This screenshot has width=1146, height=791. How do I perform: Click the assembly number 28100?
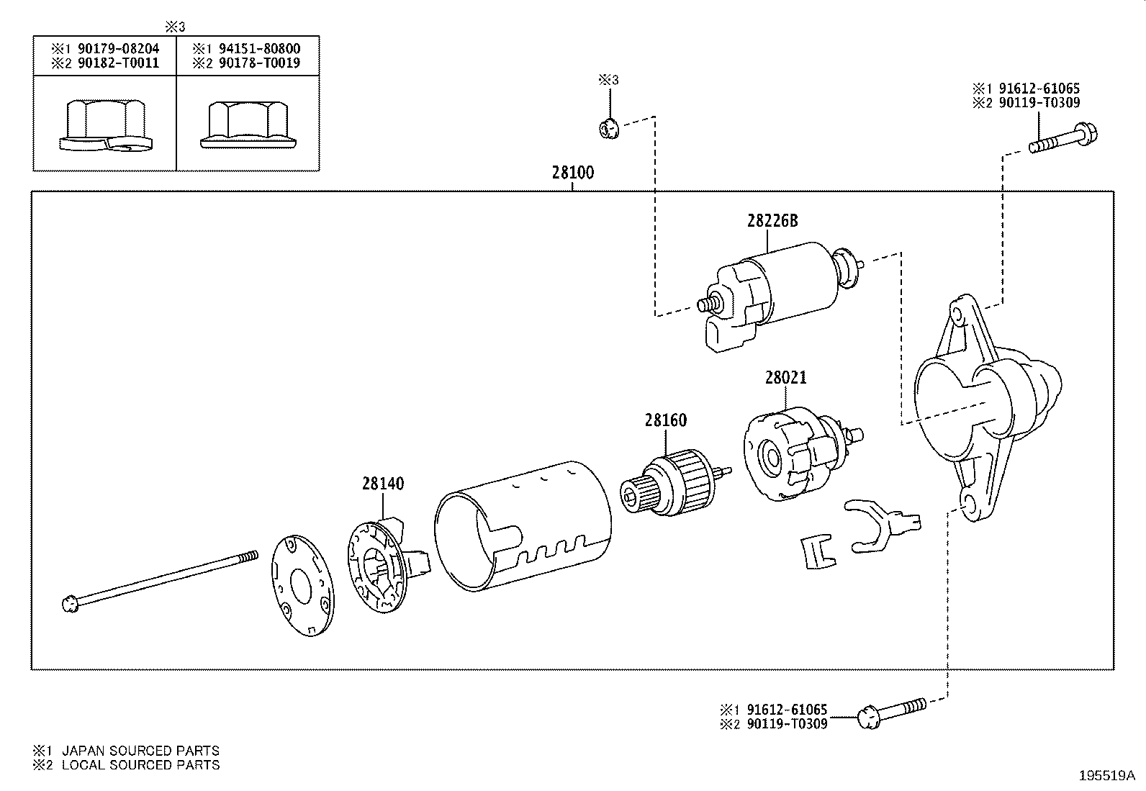click(573, 173)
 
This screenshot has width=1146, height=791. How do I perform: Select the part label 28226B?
click(772, 221)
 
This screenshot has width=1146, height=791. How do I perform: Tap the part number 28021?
click(785, 377)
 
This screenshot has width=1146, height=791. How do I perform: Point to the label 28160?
click(665, 420)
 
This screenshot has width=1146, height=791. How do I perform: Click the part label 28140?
click(382, 484)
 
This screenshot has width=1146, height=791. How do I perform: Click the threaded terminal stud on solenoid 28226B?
click(708, 304)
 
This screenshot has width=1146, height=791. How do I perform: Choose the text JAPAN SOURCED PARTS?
click(140, 751)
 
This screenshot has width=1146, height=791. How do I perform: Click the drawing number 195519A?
click(1106, 776)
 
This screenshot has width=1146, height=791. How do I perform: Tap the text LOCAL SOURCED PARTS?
click(140, 765)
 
